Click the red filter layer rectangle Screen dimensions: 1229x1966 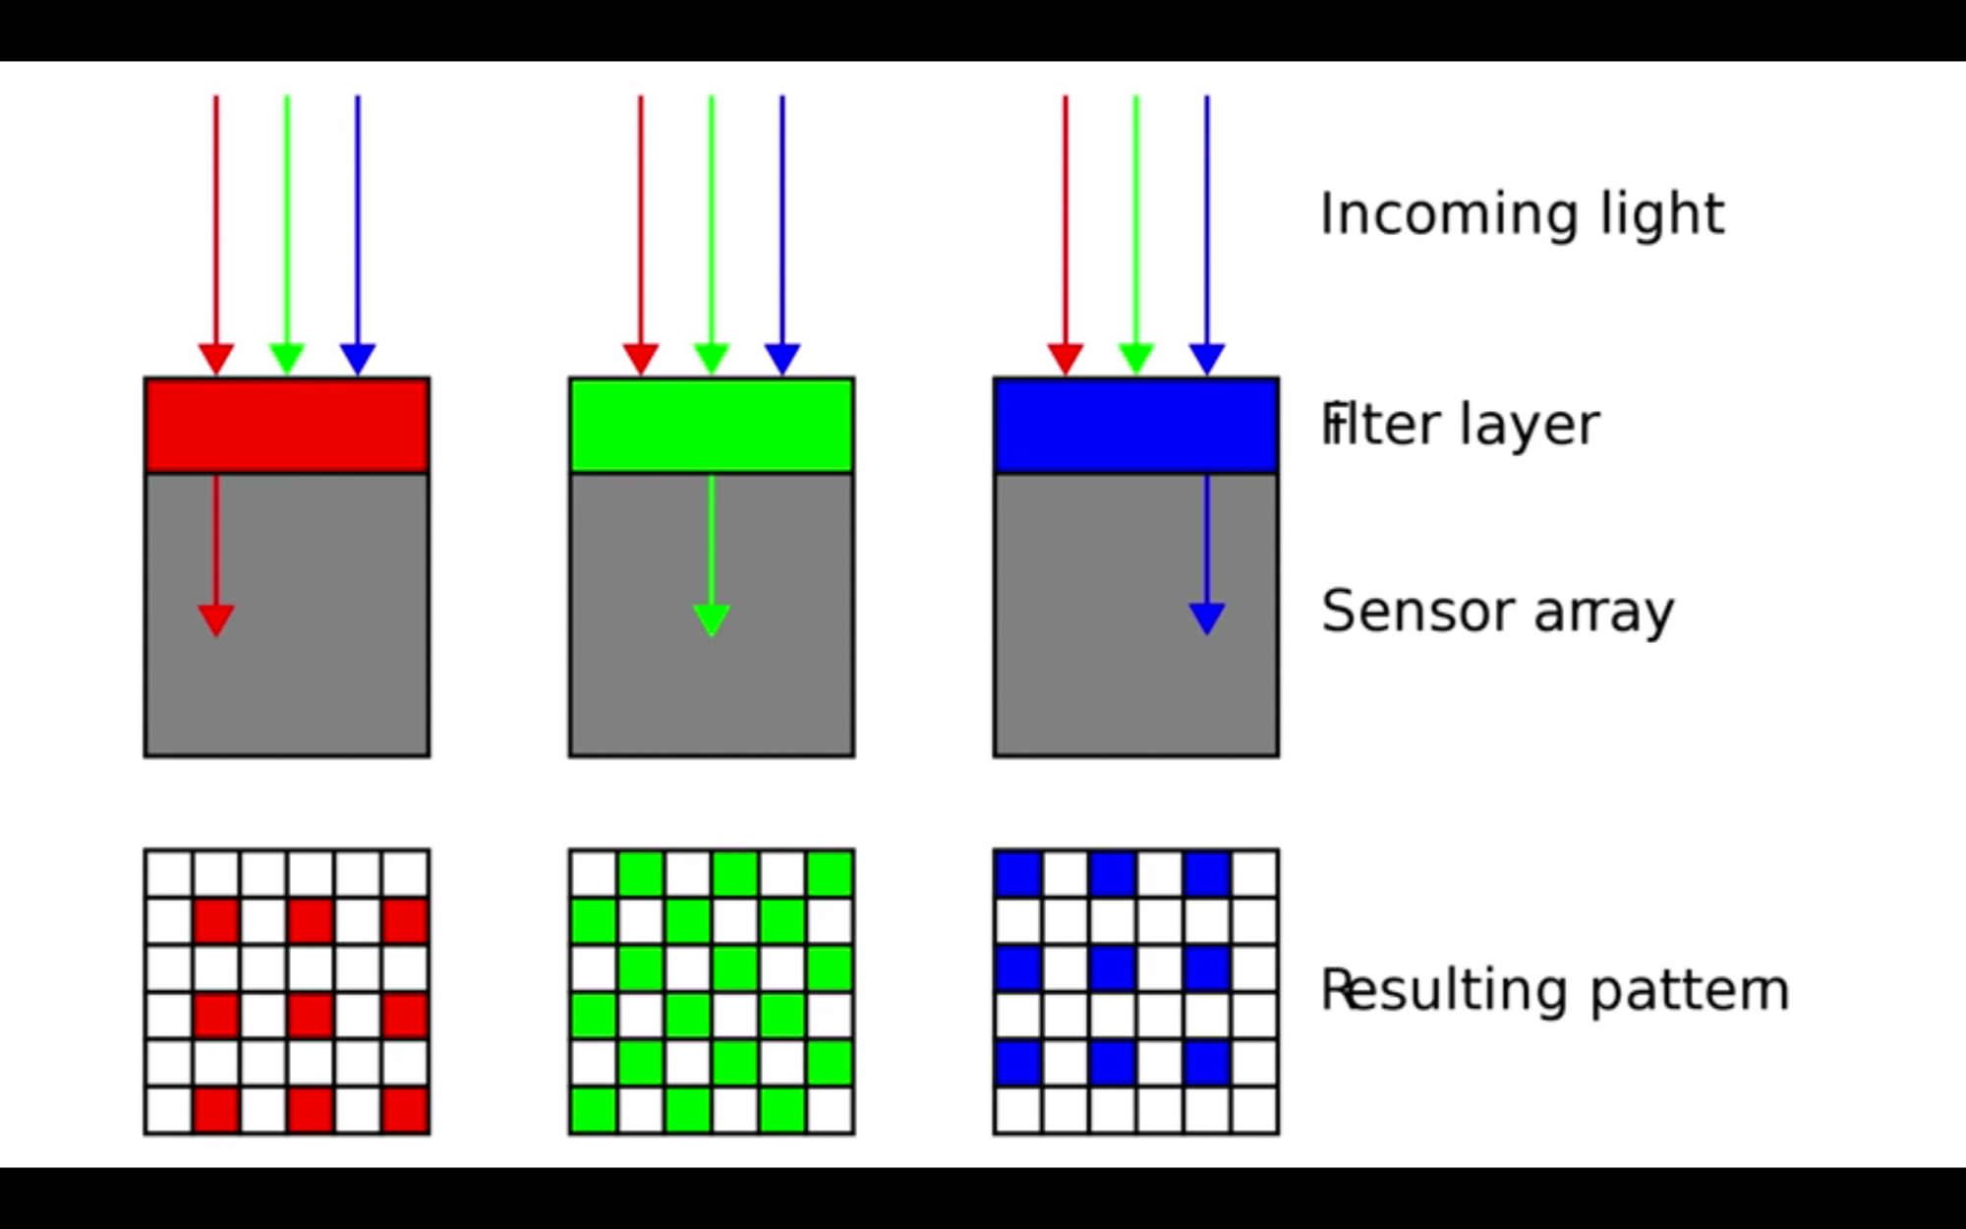pos(287,426)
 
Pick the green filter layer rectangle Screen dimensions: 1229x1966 pos(712,426)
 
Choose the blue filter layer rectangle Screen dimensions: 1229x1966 pos(1136,426)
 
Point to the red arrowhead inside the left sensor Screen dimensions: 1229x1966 pos(216,619)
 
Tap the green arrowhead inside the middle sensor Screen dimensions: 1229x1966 pos(712,619)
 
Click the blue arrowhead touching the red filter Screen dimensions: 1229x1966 pos(358,358)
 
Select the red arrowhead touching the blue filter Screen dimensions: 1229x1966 pos(1066,358)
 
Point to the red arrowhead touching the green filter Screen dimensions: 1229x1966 pos(641,358)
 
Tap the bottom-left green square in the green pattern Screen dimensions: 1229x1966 pos(594,1110)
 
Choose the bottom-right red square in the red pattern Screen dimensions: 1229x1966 pos(405,1110)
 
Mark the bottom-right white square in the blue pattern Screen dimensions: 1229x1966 pos(1254,1110)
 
